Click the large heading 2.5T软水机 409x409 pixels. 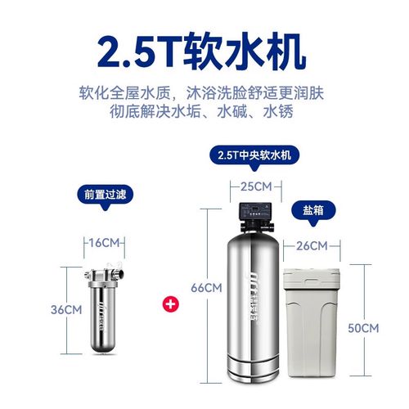coord(204,50)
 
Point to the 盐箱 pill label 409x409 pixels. coord(312,209)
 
